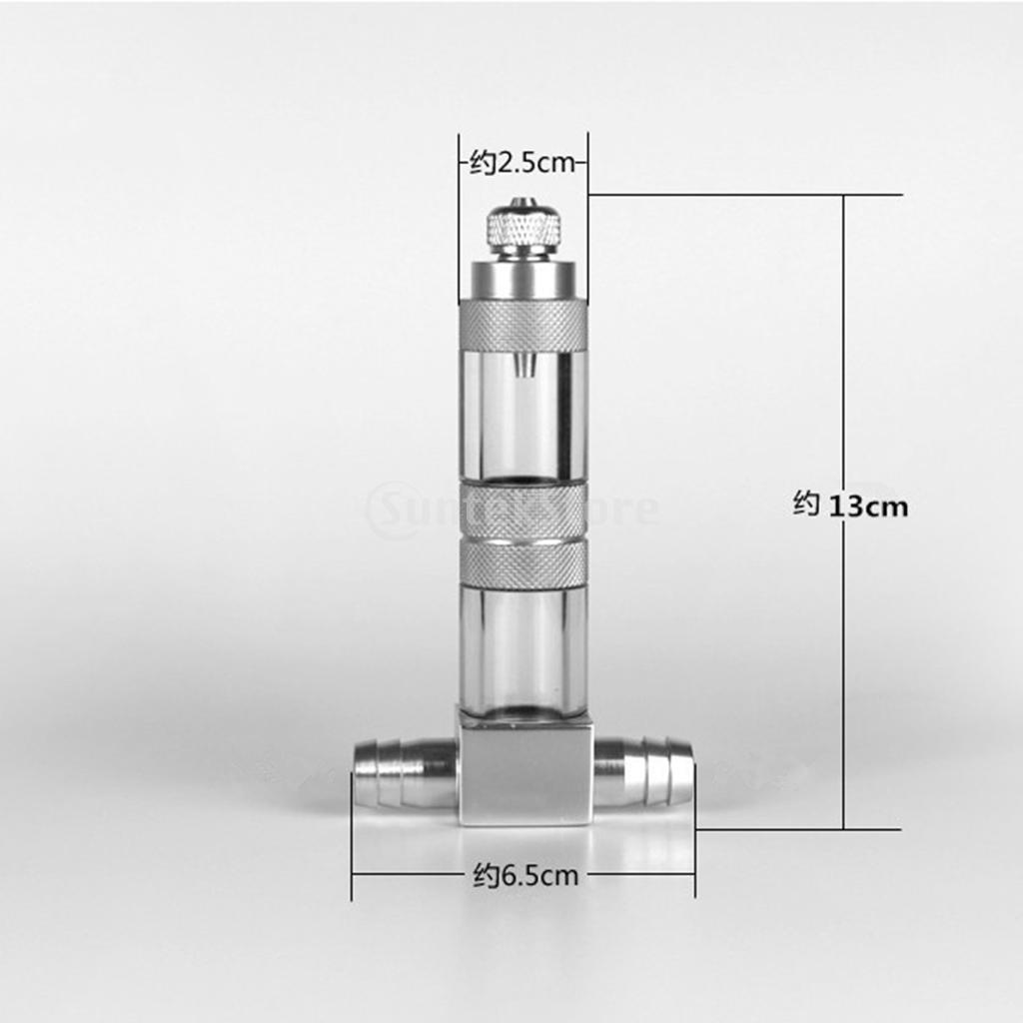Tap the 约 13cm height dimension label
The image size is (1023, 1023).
click(x=850, y=507)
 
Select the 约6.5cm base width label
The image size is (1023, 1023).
click(x=524, y=877)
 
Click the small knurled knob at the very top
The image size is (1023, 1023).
click(x=522, y=227)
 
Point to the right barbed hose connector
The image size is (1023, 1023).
click(x=644, y=772)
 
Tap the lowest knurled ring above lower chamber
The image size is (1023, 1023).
click(x=522, y=565)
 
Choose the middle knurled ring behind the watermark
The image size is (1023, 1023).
click(x=522, y=510)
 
